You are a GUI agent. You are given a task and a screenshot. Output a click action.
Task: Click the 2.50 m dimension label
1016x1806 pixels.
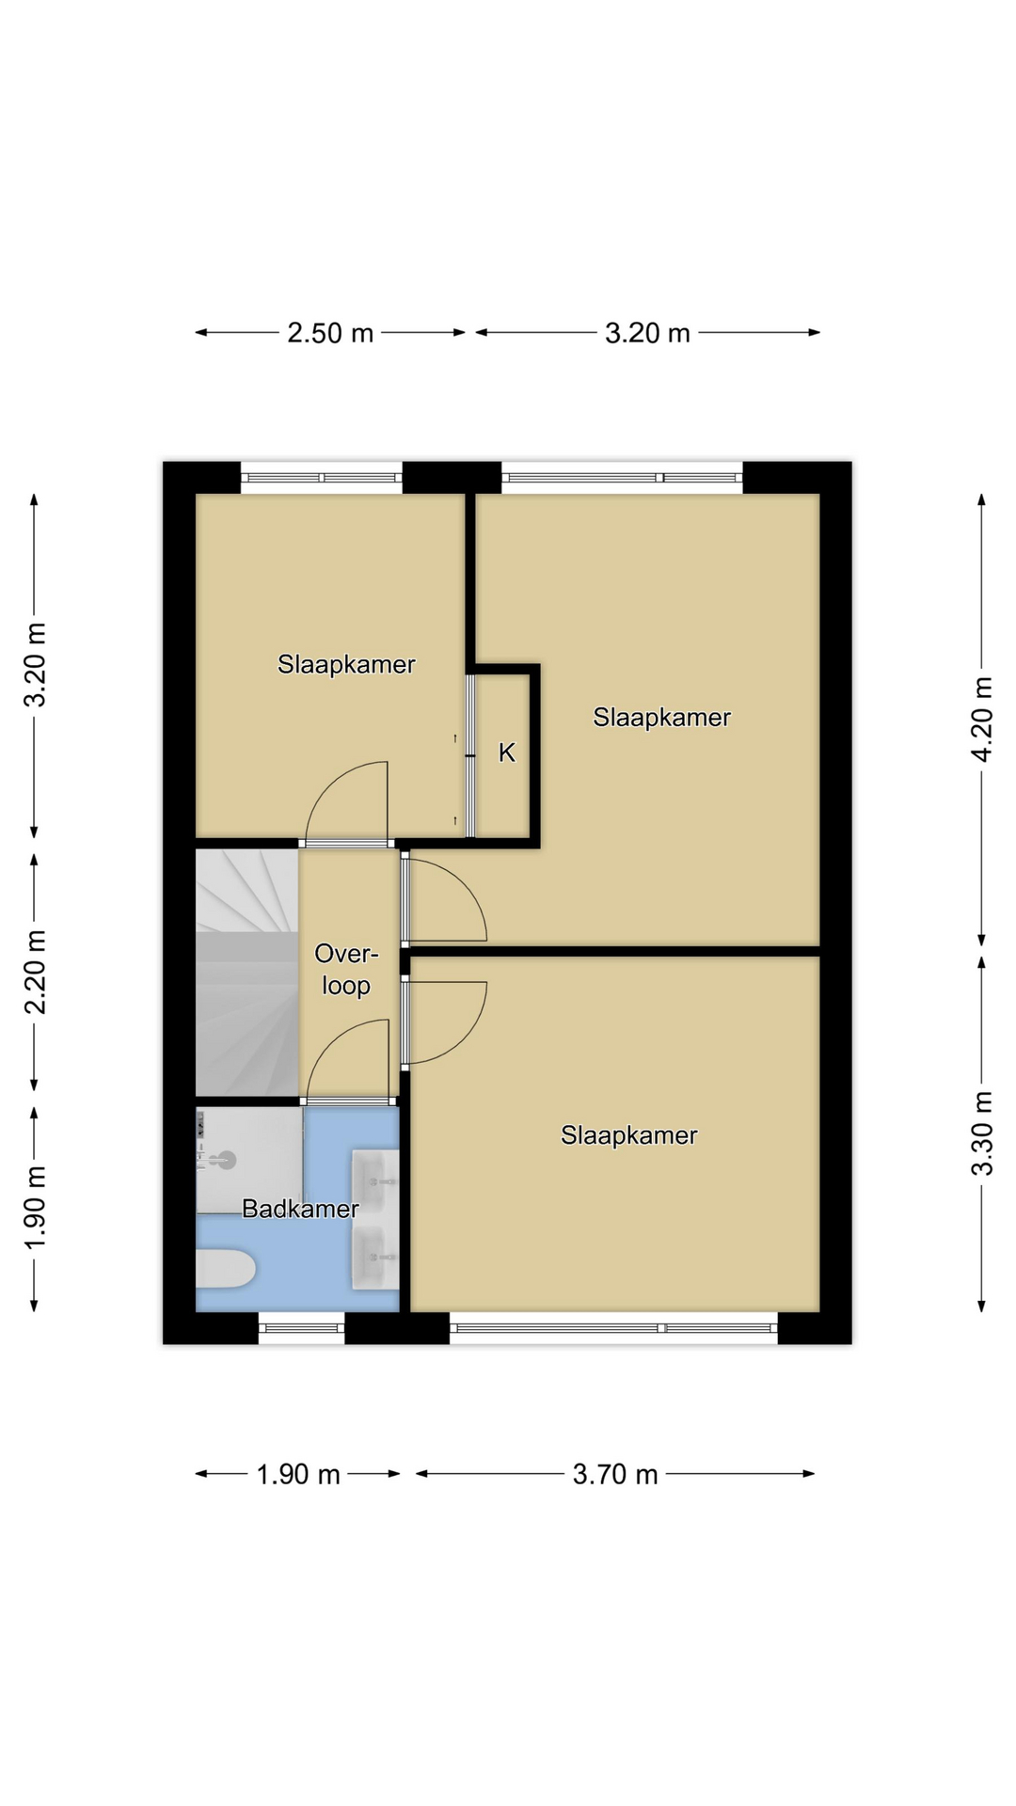coord(330,333)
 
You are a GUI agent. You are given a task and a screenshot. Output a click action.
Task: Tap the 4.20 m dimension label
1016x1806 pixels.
coord(982,719)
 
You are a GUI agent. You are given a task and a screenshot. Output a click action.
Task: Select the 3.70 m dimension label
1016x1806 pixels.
coord(615,1474)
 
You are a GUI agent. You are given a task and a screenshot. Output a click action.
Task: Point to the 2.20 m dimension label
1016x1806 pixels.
coord(35,973)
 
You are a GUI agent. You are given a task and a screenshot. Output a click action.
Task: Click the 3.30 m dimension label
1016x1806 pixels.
coord(982,1133)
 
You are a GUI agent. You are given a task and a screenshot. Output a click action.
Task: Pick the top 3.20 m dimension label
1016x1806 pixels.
coord(647,333)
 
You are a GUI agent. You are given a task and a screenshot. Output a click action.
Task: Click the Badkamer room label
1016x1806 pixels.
coord(300,1209)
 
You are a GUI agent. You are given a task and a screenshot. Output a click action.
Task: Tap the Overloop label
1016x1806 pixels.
coord(346,970)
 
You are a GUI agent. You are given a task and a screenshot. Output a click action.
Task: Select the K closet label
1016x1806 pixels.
coord(507,752)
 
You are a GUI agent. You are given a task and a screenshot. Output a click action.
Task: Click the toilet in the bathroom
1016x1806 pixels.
coord(225,1269)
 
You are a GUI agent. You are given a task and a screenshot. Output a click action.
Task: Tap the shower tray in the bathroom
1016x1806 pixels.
coord(249,1160)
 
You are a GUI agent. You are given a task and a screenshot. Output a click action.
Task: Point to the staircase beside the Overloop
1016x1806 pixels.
coord(246,973)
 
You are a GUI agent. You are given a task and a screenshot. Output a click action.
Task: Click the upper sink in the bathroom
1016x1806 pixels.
coord(375,1181)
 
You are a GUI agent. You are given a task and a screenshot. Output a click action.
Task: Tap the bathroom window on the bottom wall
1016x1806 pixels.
coord(302,1328)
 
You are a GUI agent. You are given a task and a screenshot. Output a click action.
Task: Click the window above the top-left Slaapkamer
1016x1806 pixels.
coord(322,478)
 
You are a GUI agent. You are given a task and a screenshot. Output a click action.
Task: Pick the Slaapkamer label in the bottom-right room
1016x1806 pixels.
coord(629,1135)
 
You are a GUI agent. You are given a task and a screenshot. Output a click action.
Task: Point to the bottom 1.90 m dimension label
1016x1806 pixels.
coord(298,1474)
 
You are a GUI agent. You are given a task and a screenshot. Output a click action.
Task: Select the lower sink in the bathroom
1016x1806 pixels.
coord(375,1257)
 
